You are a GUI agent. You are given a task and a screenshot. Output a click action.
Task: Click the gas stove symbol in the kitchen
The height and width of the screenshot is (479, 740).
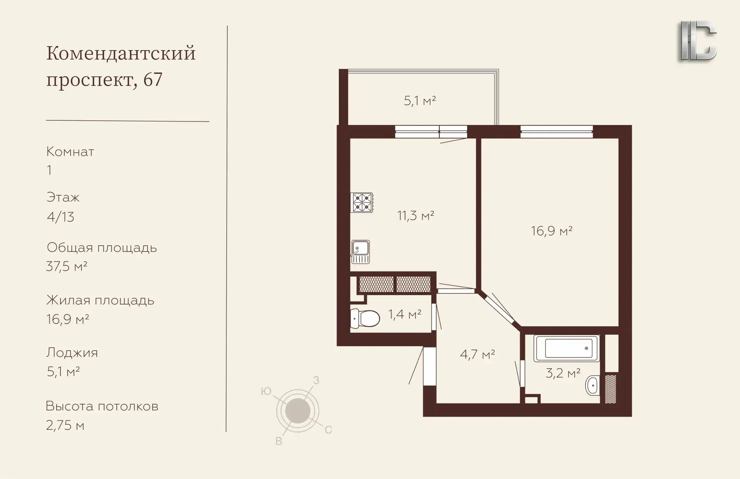pos(362,202)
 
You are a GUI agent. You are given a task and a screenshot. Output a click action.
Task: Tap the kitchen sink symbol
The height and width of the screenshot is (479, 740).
pos(360,252)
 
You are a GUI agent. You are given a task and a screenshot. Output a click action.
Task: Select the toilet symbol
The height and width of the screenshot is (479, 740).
pos(365,318)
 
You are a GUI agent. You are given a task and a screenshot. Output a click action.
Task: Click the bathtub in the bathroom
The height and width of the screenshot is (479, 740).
pos(567,349)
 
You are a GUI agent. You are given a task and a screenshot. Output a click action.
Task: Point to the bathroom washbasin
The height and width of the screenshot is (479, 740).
pos(592,385)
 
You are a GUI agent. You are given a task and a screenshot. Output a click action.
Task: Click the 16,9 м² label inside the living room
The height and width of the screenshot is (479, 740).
pos(552,231)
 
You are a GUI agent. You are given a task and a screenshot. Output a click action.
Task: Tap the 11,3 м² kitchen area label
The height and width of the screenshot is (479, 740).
pos(416,216)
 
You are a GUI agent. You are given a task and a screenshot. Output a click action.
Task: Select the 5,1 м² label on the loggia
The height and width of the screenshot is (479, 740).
pos(420,101)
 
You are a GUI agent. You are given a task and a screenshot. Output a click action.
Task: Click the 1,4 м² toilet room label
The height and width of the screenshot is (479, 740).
pos(405,315)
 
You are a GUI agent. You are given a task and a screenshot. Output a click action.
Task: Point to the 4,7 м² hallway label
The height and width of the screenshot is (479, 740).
pos(478,354)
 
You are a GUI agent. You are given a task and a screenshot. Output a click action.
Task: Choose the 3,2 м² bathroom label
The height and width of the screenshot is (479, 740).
pos(563,373)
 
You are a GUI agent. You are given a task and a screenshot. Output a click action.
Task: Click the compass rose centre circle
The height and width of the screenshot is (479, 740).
pos(298,411)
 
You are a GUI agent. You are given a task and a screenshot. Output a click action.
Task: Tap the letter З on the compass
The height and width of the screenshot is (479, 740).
pos(316,381)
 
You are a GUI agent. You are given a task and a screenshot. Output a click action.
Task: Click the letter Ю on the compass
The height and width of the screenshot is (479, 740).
pos(266,391)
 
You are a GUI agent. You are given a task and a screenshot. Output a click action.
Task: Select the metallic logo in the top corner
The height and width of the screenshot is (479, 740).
pos(698,41)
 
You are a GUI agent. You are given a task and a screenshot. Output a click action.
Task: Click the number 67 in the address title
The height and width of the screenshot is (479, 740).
pos(153,80)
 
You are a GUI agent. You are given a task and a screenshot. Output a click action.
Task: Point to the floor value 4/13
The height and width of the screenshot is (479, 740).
pos(61,217)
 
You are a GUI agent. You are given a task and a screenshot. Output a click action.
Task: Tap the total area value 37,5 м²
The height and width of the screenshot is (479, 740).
pos(67,266)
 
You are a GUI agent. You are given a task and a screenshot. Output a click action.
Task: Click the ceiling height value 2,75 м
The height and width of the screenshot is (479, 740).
pos(65,425)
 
